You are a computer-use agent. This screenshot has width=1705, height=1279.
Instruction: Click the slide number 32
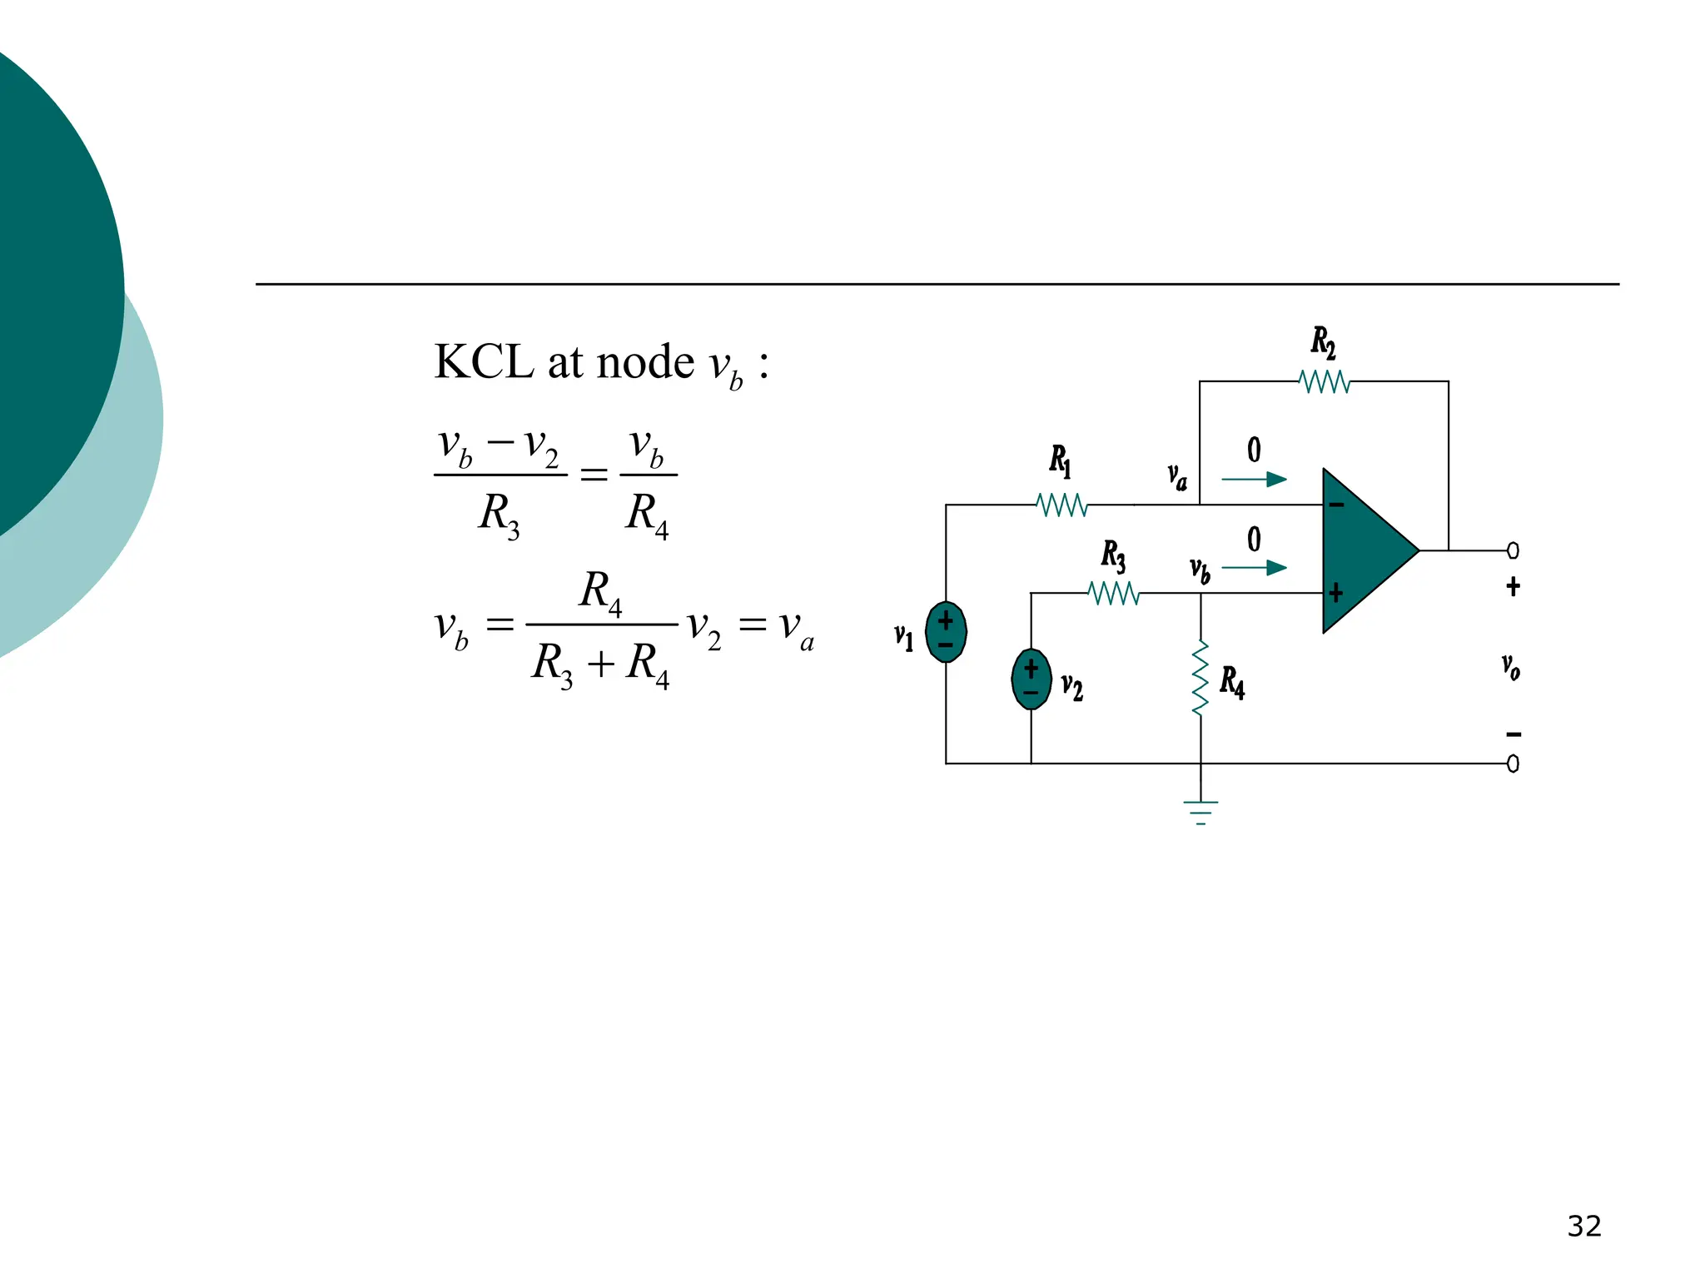[1583, 1226]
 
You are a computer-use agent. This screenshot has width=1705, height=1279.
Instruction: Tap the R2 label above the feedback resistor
[1323, 342]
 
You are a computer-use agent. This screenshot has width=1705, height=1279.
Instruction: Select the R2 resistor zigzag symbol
[1324, 382]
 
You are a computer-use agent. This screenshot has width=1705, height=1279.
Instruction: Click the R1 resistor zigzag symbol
[1061, 505]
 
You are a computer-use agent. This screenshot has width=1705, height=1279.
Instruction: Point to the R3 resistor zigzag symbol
[1114, 593]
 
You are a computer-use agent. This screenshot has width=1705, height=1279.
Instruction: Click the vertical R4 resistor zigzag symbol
[1200, 678]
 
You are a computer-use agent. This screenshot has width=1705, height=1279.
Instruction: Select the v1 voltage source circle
[946, 632]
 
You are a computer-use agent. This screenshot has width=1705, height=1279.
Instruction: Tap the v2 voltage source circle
[1031, 679]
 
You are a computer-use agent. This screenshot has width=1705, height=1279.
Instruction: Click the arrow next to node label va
[1254, 480]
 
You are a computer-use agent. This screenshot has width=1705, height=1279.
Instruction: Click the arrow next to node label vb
[1254, 568]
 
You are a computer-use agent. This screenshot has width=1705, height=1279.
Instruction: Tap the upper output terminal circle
[1513, 550]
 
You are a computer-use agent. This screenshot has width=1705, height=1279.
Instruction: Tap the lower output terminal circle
[1513, 764]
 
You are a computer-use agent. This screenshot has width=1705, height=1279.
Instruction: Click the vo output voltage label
[1511, 666]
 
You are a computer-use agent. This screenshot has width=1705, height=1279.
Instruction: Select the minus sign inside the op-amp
[1336, 505]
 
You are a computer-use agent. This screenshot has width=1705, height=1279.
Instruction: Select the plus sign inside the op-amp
[1336, 593]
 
